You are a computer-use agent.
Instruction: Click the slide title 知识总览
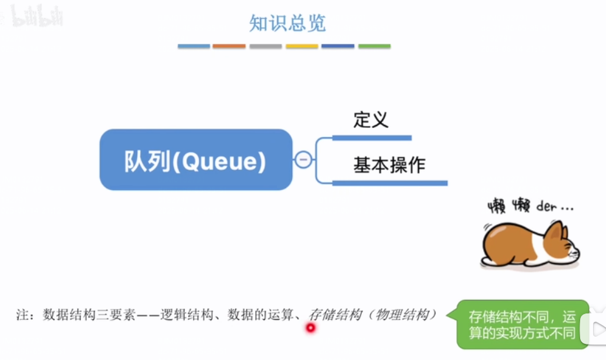(287, 23)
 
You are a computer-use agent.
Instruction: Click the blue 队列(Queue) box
(196, 160)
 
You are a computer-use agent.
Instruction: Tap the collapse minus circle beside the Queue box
(303, 160)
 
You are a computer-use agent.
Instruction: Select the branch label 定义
(371, 120)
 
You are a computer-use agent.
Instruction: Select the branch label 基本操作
(389, 165)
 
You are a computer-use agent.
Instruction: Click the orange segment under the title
(229, 47)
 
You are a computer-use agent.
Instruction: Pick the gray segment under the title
(266, 47)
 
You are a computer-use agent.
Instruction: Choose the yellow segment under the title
(302, 47)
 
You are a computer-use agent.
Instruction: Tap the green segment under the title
(375, 47)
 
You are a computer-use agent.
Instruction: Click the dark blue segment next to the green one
(338, 47)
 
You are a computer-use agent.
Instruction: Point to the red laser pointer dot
(310, 328)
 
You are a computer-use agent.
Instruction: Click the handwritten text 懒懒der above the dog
(530, 207)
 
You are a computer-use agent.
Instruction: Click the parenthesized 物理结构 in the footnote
(403, 315)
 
